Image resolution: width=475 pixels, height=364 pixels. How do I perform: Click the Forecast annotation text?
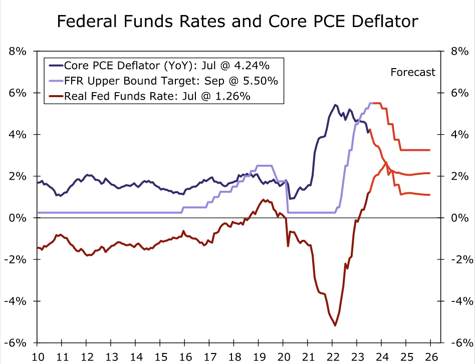(413, 72)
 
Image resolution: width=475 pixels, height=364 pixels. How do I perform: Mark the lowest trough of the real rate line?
(335, 325)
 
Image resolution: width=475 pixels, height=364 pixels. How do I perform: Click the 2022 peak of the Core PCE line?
(335, 105)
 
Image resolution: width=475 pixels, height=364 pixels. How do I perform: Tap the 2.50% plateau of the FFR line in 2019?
(264, 166)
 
